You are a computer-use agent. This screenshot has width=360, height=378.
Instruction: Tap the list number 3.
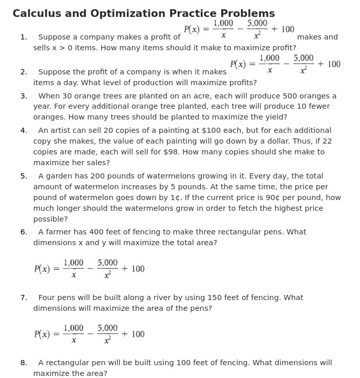coord(24,96)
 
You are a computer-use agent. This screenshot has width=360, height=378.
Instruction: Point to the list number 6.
coord(24,232)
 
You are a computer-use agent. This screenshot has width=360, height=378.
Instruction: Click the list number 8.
coord(24,363)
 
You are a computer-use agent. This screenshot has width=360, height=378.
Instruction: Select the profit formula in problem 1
coord(239,29)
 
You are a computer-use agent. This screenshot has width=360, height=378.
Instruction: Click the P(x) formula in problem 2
coord(285,64)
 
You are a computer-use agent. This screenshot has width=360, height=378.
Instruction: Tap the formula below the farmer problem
coord(89,269)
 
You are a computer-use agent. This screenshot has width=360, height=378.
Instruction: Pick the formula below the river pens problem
coord(89,334)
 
